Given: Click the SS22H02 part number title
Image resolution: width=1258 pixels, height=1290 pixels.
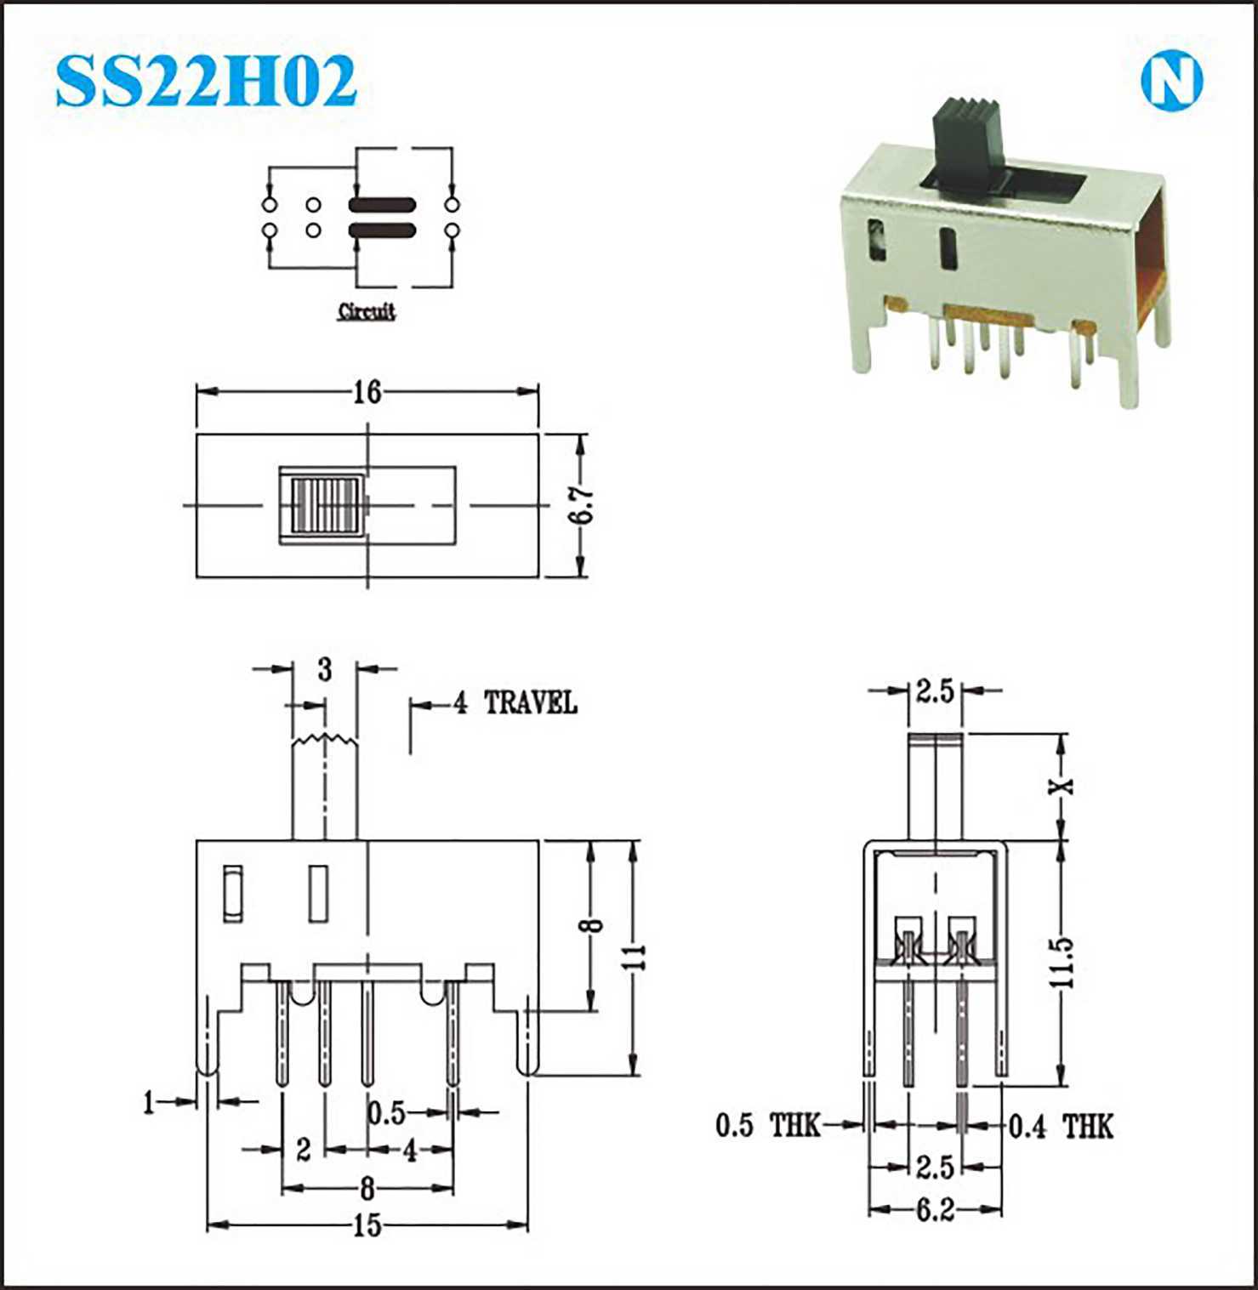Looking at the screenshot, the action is click(206, 82).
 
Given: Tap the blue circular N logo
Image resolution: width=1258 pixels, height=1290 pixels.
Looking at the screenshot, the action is click(1171, 82).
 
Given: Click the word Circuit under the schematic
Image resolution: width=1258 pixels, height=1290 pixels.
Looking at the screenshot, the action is click(367, 311).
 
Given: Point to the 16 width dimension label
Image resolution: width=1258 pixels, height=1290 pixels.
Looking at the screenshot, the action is click(367, 392).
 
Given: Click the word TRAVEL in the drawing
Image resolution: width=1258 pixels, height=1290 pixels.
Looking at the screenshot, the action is click(531, 703).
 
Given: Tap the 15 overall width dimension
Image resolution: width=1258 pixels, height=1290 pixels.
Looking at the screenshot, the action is click(367, 1225).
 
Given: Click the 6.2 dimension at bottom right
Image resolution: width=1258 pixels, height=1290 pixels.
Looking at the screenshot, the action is click(935, 1210).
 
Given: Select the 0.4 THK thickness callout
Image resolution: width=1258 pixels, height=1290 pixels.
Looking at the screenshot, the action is click(1061, 1127).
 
